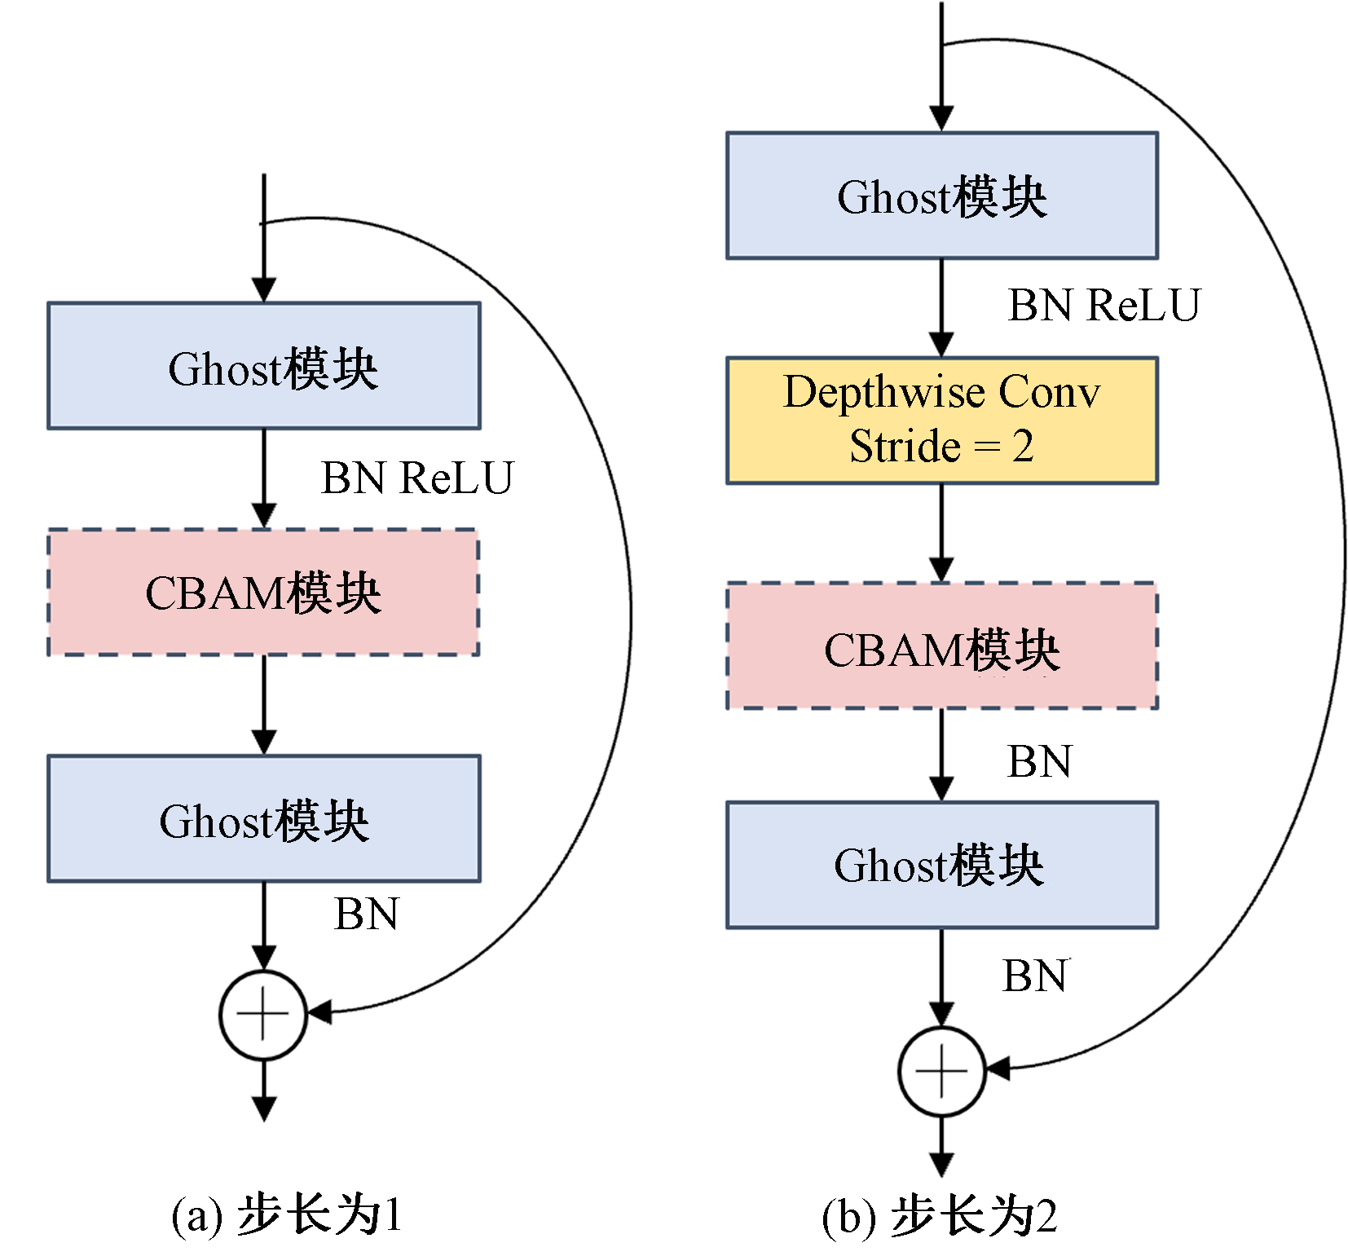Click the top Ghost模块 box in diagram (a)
263,366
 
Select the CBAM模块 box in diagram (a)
263,593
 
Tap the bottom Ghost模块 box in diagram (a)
263,818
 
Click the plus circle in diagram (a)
263,1015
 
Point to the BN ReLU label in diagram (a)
416,478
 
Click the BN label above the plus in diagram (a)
366,914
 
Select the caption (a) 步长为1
286,1215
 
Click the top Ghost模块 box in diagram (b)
941,196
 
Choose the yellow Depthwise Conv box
941,420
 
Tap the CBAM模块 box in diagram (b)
941,646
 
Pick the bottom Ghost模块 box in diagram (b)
941,865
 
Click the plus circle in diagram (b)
942,1071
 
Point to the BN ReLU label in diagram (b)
1104,306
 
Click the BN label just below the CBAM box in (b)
1039,762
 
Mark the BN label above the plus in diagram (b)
1035,976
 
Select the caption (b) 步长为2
940,1217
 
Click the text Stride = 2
941,447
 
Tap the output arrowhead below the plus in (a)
263,1108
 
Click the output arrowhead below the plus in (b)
942,1164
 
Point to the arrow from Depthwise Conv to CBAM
942,533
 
